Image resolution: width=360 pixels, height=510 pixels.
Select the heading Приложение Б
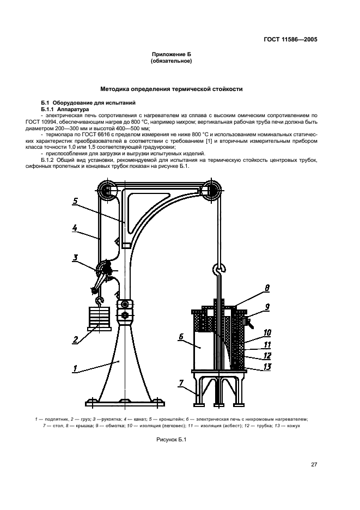171,54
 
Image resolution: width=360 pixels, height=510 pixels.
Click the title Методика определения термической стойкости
172,89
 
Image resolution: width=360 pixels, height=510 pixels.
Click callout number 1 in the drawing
75,369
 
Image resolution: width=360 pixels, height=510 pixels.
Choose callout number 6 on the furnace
180,337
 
